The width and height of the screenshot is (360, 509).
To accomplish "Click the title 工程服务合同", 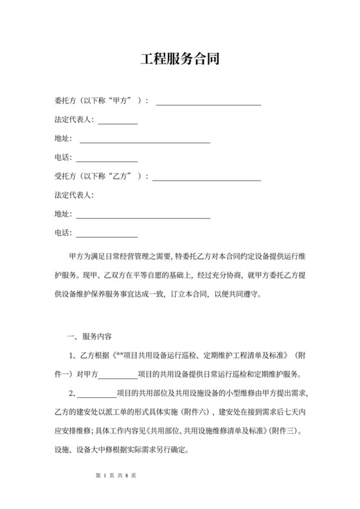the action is coord(180,60).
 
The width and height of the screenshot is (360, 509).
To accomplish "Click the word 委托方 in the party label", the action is coord(66,101).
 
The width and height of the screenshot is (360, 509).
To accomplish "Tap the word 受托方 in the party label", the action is coord(66,175).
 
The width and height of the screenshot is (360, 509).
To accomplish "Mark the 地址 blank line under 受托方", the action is coord(144,215).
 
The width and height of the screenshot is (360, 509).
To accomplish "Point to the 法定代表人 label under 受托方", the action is coord(74,194).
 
